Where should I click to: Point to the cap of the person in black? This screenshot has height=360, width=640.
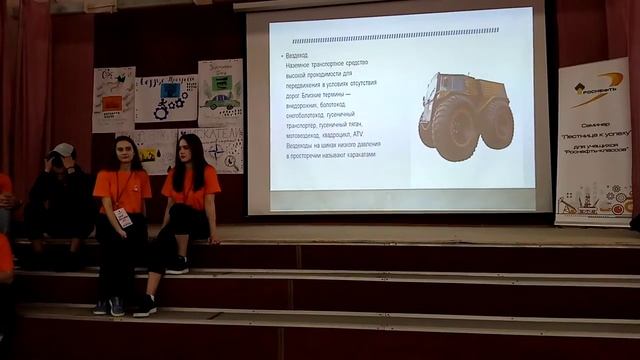point(64,150)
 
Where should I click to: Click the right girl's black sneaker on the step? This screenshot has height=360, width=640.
point(178,265)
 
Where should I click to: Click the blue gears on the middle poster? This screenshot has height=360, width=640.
point(171,94)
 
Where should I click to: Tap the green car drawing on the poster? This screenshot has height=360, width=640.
point(220,101)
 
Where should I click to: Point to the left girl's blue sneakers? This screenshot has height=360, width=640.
point(110,306)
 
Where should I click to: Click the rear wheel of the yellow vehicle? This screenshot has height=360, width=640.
point(496,126)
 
